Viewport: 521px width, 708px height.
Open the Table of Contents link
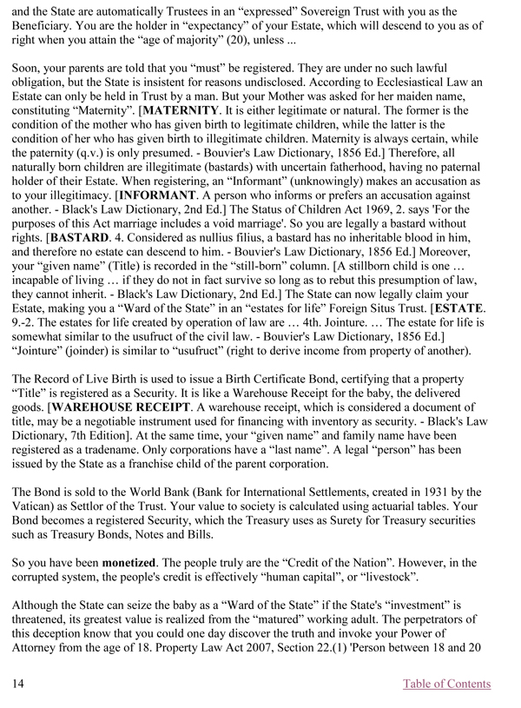pos(446,684)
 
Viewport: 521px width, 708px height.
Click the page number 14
pos(16,684)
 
